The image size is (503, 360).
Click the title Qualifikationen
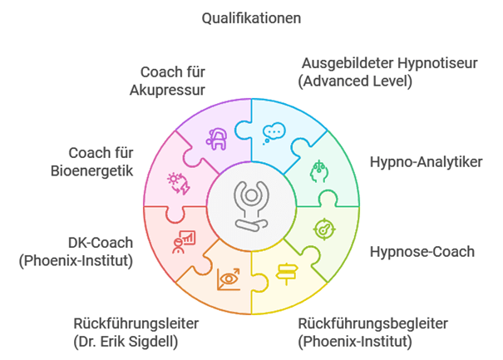click(252, 17)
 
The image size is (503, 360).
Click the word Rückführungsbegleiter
click(372, 323)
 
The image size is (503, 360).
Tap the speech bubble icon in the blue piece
click(274, 132)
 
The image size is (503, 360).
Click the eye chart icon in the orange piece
click(227, 279)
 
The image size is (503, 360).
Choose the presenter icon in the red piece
click(182, 242)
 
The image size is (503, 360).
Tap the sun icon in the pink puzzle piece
click(178, 181)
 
